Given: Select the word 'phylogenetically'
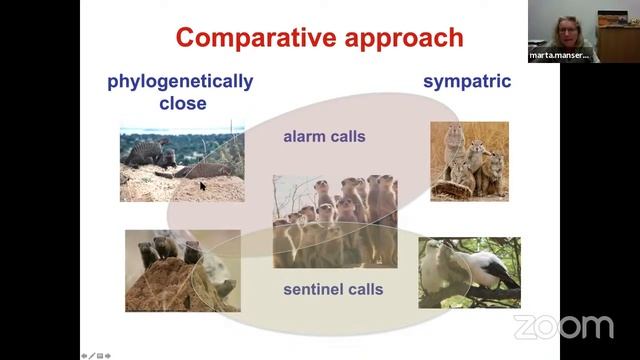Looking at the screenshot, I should click(180, 81).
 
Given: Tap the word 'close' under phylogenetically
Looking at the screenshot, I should click(182, 102).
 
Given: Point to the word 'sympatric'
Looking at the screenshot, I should click(467, 81).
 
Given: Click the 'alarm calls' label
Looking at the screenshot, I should click(324, 136).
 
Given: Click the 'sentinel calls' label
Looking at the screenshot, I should click(333, 290).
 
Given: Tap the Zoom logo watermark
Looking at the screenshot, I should click(563, 326).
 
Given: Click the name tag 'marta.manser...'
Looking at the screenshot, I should click(557, 56).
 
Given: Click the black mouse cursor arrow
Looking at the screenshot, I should click(202, 185).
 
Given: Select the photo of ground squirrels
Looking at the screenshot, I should click(469, 161).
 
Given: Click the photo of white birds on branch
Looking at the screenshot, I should click(469, 272).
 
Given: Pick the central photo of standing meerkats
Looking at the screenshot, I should click(334, 221).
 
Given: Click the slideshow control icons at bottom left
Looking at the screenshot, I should click(98, 355).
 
